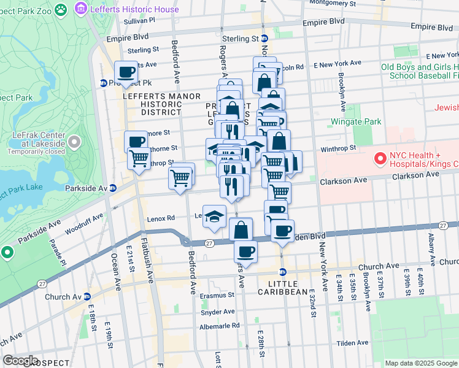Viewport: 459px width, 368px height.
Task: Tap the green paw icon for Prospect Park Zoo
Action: pyautogui.click(x=61, y=9)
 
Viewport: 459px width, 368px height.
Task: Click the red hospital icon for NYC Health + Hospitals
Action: pyautogui.click(x=379, y=159)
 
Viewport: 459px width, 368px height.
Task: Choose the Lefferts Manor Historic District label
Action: pyautogui.click(x=153, y=104)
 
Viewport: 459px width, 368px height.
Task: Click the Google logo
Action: pyautogui.click(x=20, y=361)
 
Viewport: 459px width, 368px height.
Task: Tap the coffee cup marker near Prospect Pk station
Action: pyautogui.click(x=126, y=72)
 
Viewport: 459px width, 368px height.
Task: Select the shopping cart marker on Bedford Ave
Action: pyautogui.click(x=181, y=178)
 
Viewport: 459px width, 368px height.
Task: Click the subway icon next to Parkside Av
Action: pyautogui.click(x=113, y=188)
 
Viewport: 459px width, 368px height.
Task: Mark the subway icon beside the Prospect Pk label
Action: pyautogui.click(x=104, y=83)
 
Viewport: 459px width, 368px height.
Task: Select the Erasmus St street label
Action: pyautogui.click(x=218, y=295)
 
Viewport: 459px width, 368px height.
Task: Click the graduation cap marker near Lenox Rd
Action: pyautogui.click(x=214, y=217)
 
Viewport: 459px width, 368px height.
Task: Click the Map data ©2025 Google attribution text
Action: pyautogui.click(x=420, y=363)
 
